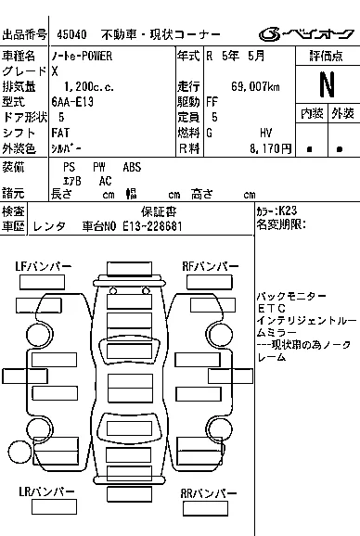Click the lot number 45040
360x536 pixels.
(x=71, y=34)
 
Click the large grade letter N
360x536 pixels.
(x=327, y=84)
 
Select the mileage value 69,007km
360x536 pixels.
(x=255, y=86)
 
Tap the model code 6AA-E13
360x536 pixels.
(x=72, y=102)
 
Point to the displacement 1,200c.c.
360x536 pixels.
(x=89, y=86)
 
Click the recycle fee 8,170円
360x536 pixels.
(x=270, y=148)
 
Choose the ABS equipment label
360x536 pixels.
(x=132, y=167)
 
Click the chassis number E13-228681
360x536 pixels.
(x=152, y=226)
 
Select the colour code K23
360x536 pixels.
(x=288, y=211)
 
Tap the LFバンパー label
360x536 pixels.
(x=44, y=266)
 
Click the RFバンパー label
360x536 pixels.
(x=211, y=266)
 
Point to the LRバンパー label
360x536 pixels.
(x=46, y=491)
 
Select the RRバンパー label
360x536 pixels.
(x=209, y=493)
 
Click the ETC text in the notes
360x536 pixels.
(x=272, y=308)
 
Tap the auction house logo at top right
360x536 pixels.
(x=306, y=33)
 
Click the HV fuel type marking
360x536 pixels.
(x=266, y=133)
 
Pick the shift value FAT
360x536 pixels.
(x=60, y=133)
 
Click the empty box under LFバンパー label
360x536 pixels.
(x=42, y=282)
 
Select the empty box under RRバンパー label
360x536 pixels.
(x=205, y=509)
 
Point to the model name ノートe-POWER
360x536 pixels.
(x=82, y=56)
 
